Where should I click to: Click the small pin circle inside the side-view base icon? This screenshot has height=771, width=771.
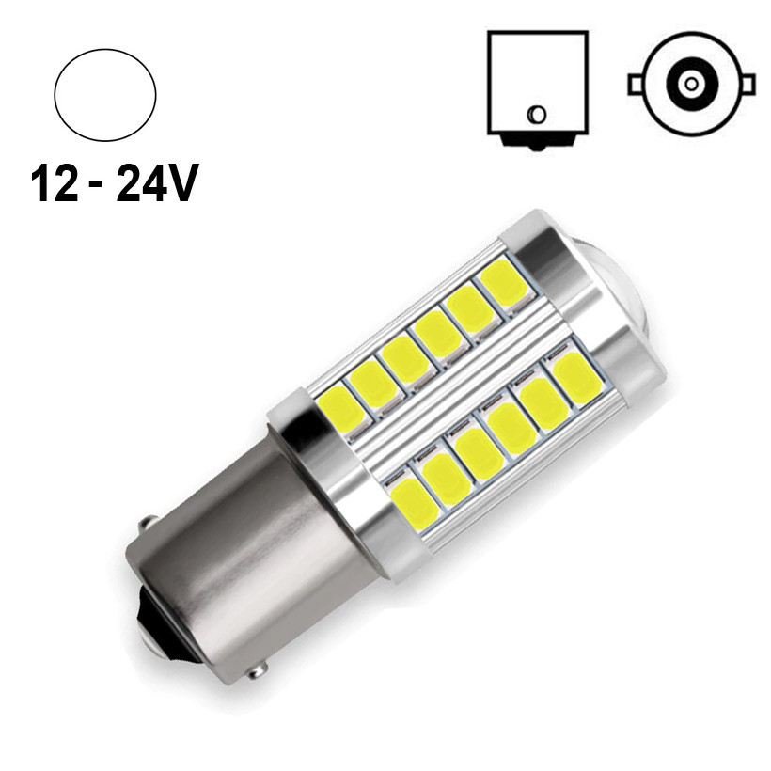(536, 115)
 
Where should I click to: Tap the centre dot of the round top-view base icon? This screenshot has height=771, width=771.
(691, 85)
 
